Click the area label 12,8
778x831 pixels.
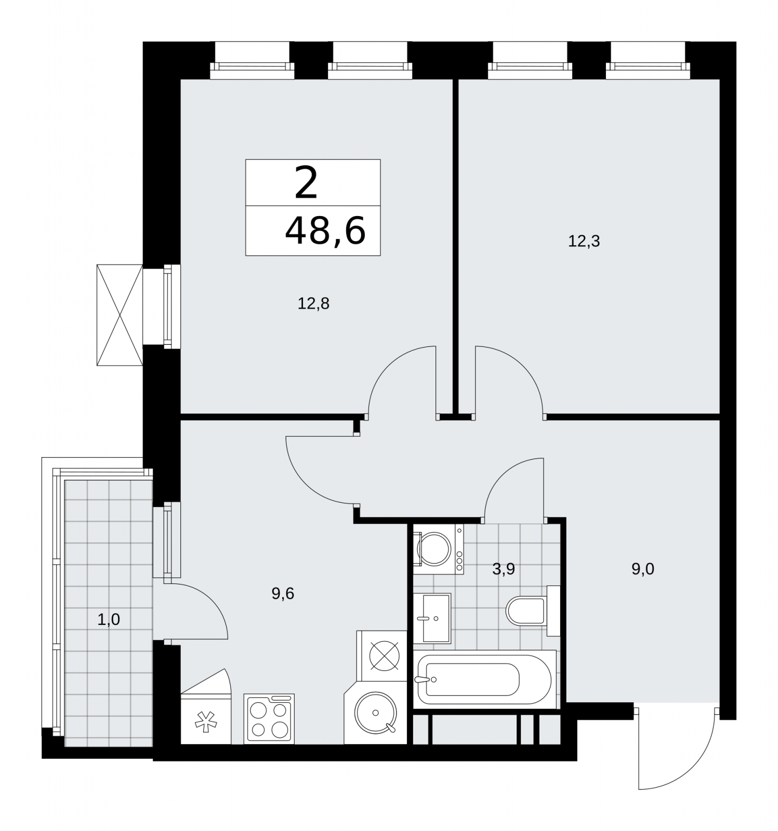pos(313,303)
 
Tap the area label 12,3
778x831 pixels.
pos(584,241)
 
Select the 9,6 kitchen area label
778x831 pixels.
pos(283,593)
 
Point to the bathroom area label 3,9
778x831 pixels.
pos(503,569)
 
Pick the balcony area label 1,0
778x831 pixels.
pos(109,619)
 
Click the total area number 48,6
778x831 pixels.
pos(326,231)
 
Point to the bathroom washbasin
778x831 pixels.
pos(432,618)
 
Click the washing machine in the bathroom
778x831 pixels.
pos(438,549)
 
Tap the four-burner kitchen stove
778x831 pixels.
pos(269,718)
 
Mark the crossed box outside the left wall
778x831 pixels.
pos(120,315)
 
